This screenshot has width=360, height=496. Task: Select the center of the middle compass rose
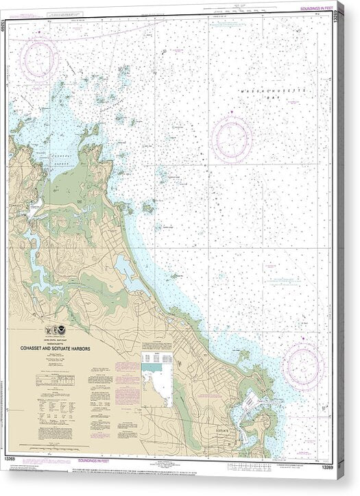coord(232,139)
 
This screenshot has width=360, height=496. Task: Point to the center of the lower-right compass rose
coord(302,365)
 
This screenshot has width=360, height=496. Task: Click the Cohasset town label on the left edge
coord(16,205)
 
